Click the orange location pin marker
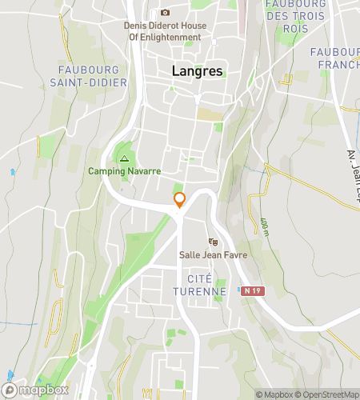pyautogui.click(x=180, y=199)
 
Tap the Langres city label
pyautogui.click(x=198, y=71)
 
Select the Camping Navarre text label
pyautogui.click(x=124, y=171)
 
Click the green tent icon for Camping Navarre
pyautogui.click(x=123, y=158)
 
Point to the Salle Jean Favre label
pyautogui.click(x=213, y=255)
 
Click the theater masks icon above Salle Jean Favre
pyautogui.click(x=213, y=242)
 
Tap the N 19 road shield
pyautogui.click(x=253, y=291)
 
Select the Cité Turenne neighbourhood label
pyautogui.click(x=199, y=284)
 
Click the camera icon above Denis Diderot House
pyautogui.click(x=165, y=13)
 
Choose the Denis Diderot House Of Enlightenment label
pyautogui.click(x=165, y=31)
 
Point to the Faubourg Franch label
pyautogui.click(x=336, y=58)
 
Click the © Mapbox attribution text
pyautogui.click(x=274, y=394)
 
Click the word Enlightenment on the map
pyautogui.click(x=175, y=37)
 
